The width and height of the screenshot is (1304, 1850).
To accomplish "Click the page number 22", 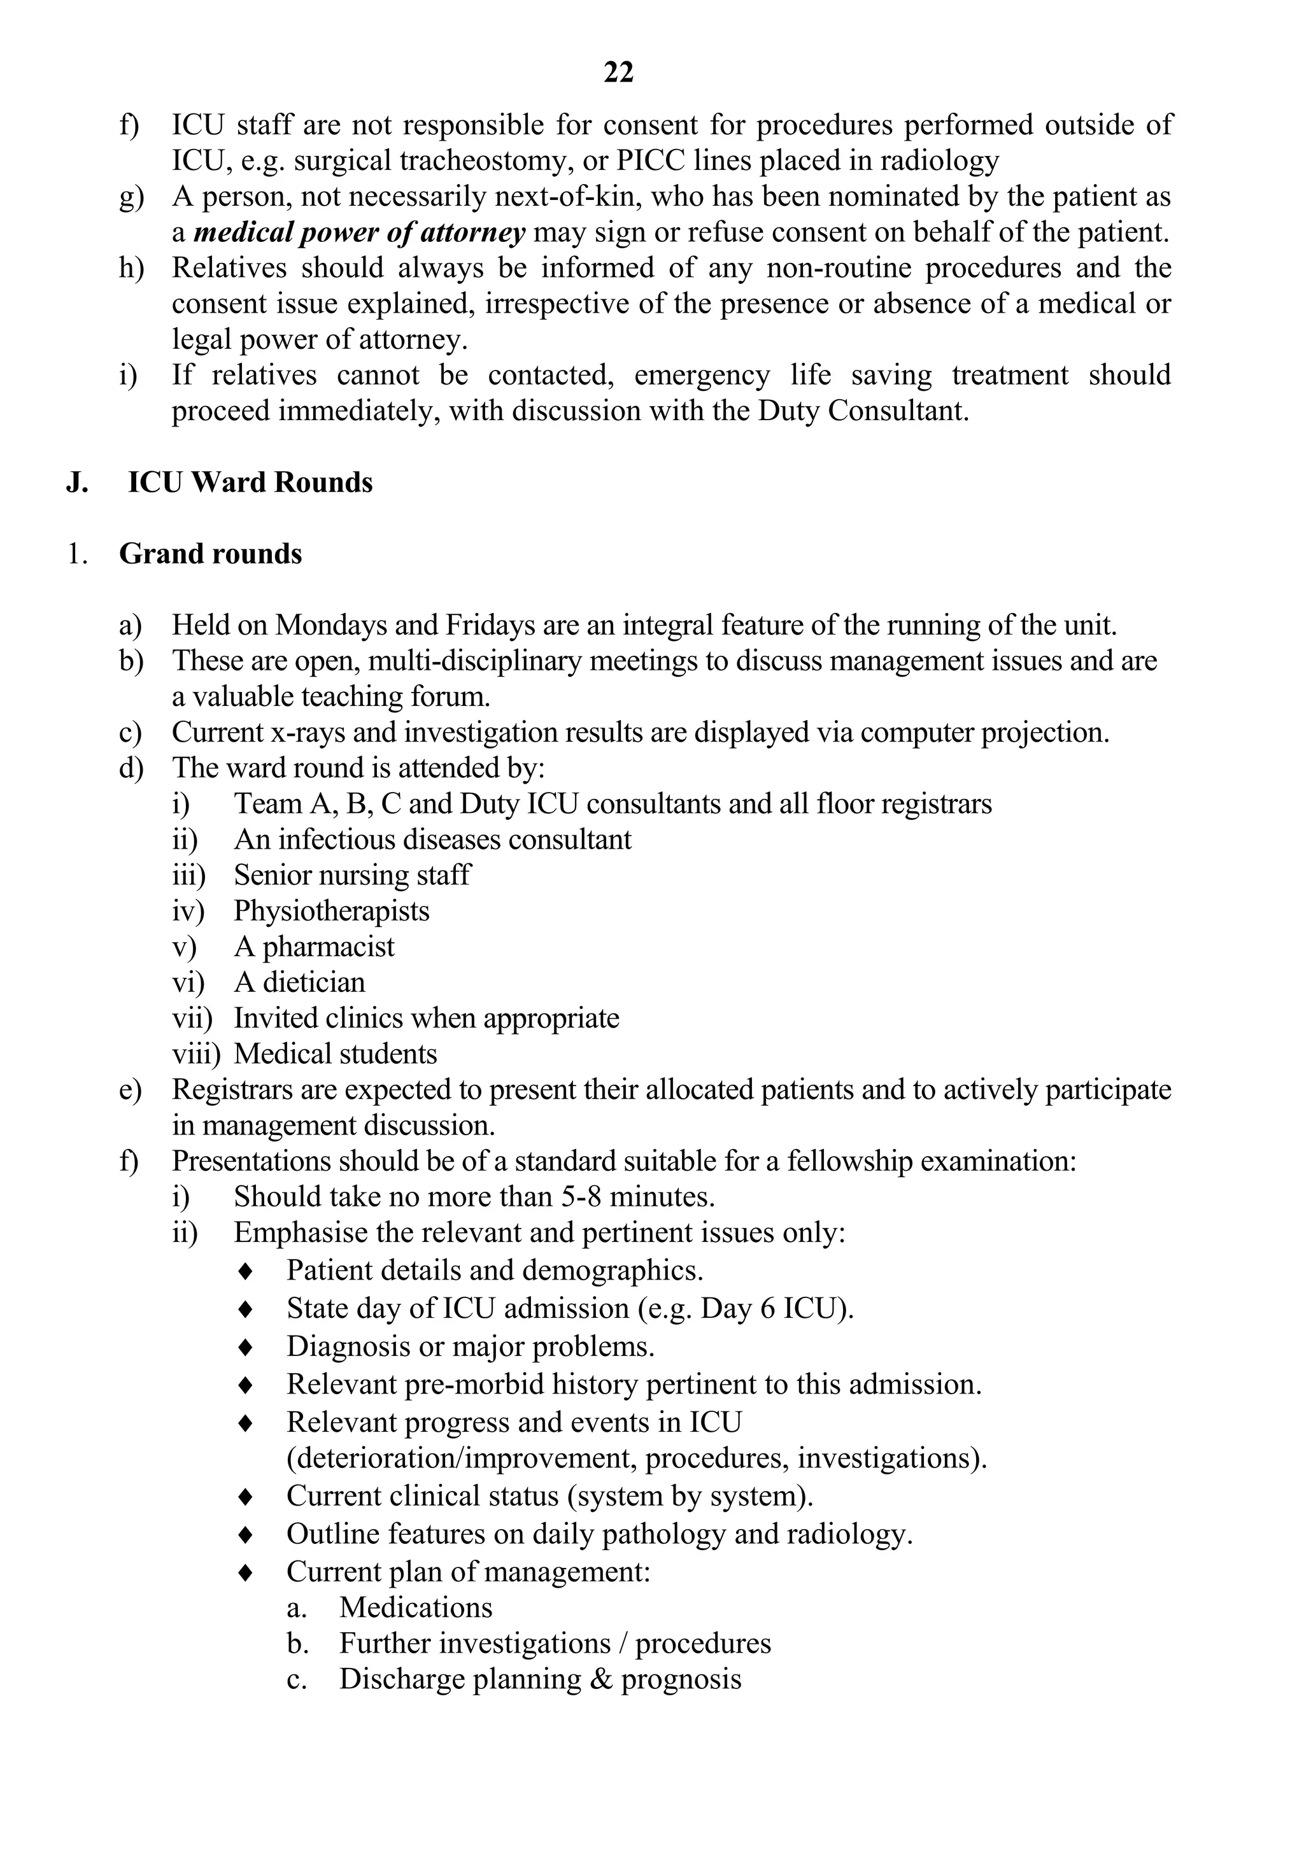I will [618, 73].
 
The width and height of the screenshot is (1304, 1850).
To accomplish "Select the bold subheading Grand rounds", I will [210, 554].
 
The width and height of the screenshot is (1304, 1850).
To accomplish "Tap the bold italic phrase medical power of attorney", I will [360, 233].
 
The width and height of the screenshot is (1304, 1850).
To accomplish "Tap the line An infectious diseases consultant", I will [433, 840].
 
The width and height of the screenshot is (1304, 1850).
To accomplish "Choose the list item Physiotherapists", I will [331, 911].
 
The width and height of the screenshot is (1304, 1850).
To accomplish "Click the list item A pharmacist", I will [315, 947].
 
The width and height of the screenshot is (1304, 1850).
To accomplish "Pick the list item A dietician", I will [299, 982].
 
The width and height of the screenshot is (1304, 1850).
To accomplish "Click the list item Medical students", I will [336, 1054].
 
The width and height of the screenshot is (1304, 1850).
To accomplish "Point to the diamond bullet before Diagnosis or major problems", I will [246, 1347].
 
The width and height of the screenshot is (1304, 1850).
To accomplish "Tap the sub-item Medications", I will [415, 1607].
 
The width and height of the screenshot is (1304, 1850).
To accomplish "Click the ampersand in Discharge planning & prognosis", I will [600, 1679].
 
